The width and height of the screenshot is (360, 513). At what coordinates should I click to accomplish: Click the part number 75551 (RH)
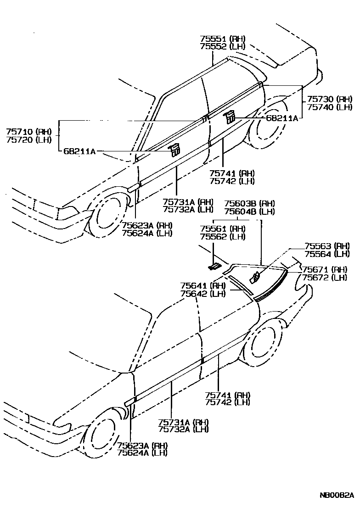pos(222,39)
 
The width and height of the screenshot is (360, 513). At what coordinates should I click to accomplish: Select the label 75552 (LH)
pos(222,46)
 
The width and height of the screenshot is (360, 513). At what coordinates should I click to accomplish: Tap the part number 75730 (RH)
pos(329,99)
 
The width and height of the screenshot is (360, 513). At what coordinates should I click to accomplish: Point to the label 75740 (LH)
pos(329,107)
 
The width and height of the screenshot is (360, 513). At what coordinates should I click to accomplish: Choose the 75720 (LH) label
pos(29,139)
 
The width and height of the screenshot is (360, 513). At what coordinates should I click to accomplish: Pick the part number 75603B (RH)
pos(249,204)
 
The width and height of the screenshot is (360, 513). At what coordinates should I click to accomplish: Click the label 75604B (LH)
pos(249,211)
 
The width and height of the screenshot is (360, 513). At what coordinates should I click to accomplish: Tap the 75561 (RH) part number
pos(222,229)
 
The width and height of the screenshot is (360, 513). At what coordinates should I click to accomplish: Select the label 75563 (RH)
pos(327,246)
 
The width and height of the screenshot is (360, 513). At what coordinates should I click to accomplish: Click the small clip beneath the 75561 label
pos(214,266)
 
